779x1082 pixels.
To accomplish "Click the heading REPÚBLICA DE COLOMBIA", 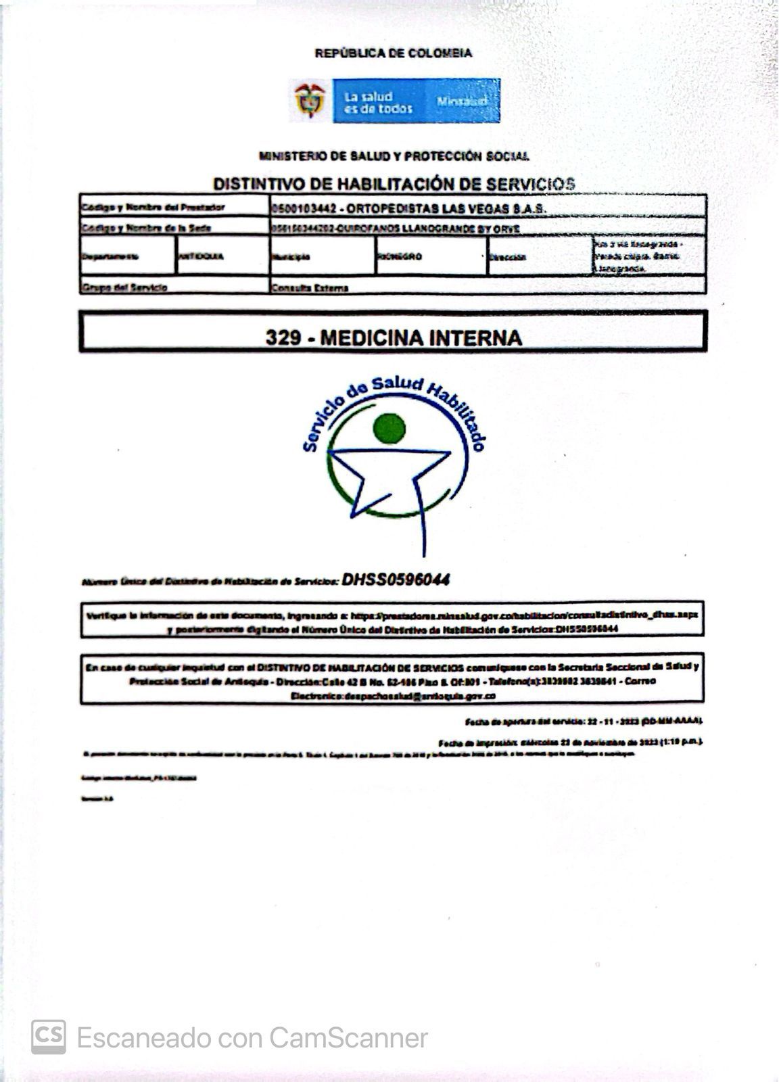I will click(394, 53).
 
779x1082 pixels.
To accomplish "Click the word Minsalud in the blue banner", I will click(463, 101).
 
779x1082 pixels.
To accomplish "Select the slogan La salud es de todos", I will click(378, 102).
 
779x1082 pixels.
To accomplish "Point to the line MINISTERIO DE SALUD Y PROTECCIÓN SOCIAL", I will click(394, 156).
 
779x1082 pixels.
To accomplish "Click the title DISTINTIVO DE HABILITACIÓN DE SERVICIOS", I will click(394, 183).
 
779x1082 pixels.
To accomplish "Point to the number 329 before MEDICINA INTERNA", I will click(283, 337).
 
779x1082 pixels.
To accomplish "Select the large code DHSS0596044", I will click(396, 580).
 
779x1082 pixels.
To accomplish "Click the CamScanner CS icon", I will click(49, 1037).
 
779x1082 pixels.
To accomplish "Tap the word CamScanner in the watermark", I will click(348, 1037).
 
